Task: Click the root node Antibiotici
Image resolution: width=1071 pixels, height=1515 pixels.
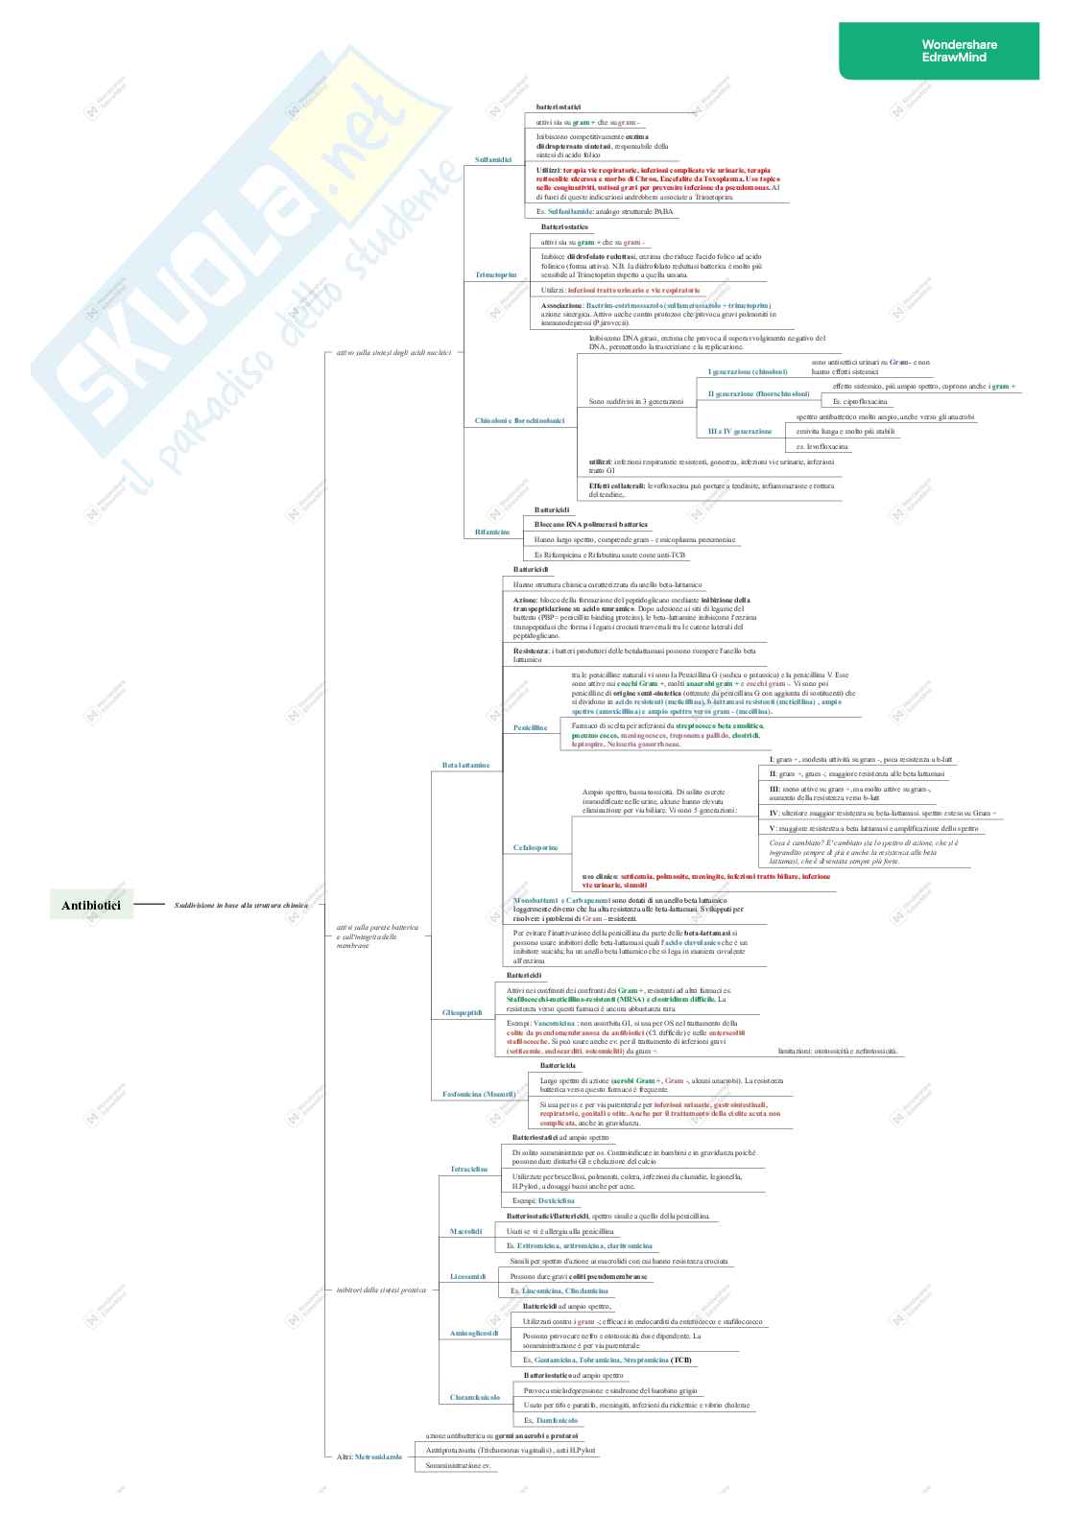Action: coord(91,905)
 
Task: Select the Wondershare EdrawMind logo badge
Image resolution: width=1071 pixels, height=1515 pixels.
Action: coord(939,51)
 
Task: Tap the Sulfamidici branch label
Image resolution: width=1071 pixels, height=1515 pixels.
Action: coord(493,159)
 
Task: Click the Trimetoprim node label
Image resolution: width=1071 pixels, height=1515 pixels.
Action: coord(495,274)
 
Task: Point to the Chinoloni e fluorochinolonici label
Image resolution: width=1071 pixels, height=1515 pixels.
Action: coord(519,420)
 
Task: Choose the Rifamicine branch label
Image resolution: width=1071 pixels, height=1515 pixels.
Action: coord(492,532)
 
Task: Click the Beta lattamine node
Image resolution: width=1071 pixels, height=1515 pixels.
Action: coord(465,765)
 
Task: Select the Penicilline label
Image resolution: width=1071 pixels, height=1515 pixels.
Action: coord(530,727)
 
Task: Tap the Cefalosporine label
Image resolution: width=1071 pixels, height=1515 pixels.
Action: coord(535,847)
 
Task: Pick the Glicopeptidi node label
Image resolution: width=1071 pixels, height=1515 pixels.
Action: coord(462,1012)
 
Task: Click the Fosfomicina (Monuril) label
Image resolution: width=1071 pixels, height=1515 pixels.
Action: coord(479,1094)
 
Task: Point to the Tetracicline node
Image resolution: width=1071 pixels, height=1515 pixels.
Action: coord(468,1169)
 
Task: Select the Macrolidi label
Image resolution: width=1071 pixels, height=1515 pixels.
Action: coord(465,1231)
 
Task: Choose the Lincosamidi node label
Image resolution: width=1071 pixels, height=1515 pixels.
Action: coord(467,1276)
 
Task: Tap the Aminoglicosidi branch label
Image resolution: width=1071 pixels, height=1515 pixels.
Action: coord(474,1333)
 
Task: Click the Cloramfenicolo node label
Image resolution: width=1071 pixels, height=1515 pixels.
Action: coord(475,1397)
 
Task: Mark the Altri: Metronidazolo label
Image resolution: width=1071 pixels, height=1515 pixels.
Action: coord(369,1456)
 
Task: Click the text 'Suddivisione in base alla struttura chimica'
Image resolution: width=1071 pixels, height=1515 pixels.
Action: coord(241,905)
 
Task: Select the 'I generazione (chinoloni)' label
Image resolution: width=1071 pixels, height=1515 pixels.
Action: coord(747,371)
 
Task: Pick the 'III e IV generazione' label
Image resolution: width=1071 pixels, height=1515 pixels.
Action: coord(739,431)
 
